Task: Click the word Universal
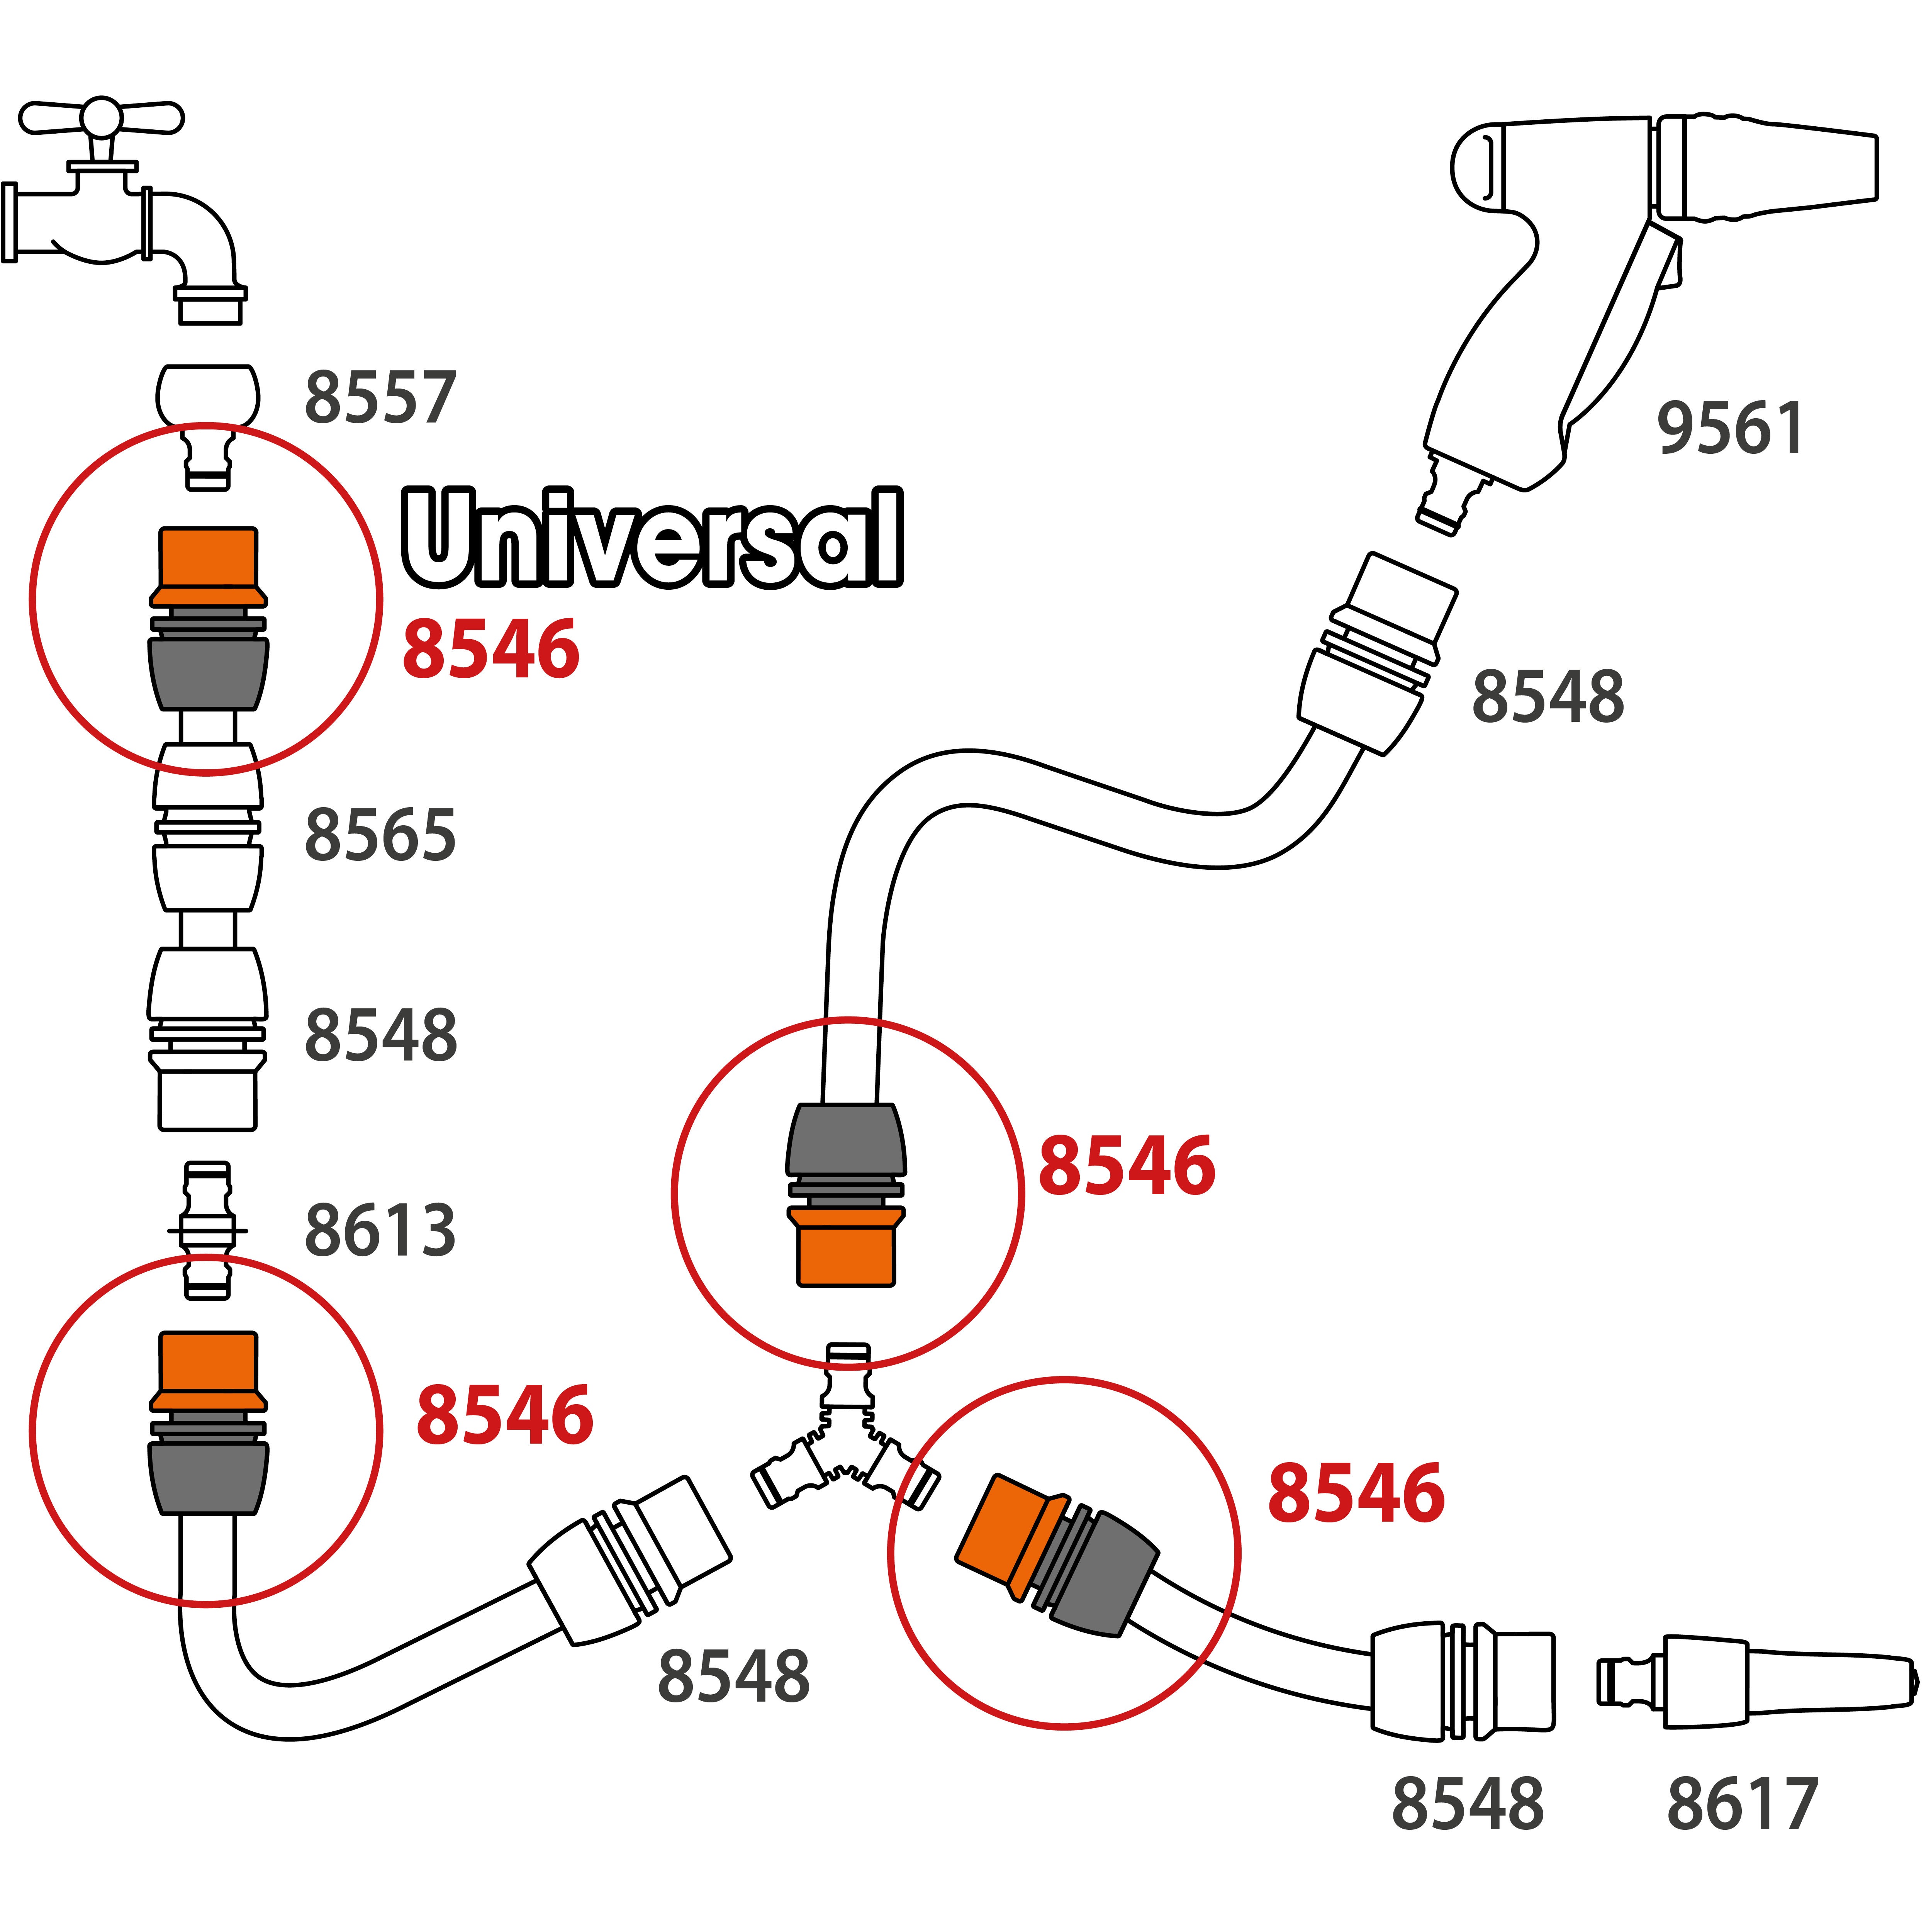[652, 538]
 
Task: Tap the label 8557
[380, 398]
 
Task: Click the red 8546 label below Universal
[491, 650]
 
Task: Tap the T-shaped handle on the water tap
[101, 118]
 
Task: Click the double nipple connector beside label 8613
[208, 1229]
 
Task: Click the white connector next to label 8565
[208, 828]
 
